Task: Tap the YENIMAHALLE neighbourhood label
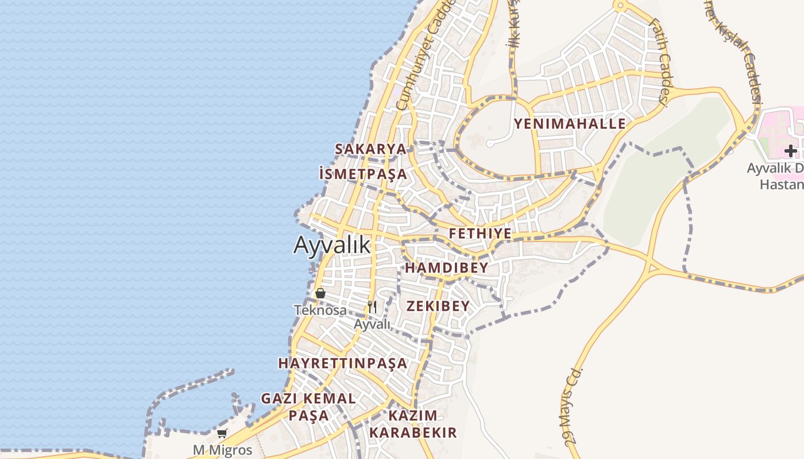click(x=570, y=124)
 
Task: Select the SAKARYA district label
click(x=370, y=149)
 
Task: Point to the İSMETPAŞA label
click(x=362, y=174)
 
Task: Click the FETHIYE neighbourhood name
click(x=480, y=234)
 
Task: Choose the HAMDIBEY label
click(x=447, y=268)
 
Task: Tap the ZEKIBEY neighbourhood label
click(x=438, y=306)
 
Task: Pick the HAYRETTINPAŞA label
click(x=343, y=363)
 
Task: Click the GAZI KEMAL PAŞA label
click(x=308, y=406)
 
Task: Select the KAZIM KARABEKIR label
click(x=413, y=423)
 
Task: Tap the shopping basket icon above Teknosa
click(x=320, y=293)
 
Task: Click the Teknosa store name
click(x=320, y=310)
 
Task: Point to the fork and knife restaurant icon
click(x=372, y=307)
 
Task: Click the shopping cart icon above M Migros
click(x=222, y=433)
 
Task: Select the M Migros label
click(x=222, y=450)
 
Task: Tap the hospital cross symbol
click(x=791, y=151)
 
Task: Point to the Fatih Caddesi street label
click(x=659, y=63)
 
